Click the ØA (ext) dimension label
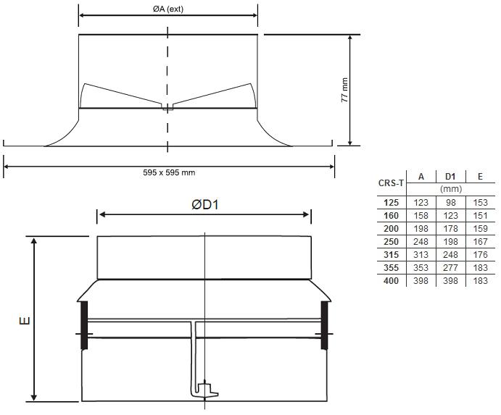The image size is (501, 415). (x=168, y=9)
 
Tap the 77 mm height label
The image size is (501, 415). (x=345, y=90)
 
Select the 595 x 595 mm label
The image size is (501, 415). (x=169, y=172)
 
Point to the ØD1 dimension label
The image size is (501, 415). (x=205, y=205)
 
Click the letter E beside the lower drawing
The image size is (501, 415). (x=25, y=320)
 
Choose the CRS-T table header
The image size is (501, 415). (x=391, y=183)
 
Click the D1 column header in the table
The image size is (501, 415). (x=450, y=177)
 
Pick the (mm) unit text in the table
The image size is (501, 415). (x=451, y=189)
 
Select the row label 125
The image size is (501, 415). (x=391, y=203)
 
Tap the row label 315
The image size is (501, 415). (x=391, y=255)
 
